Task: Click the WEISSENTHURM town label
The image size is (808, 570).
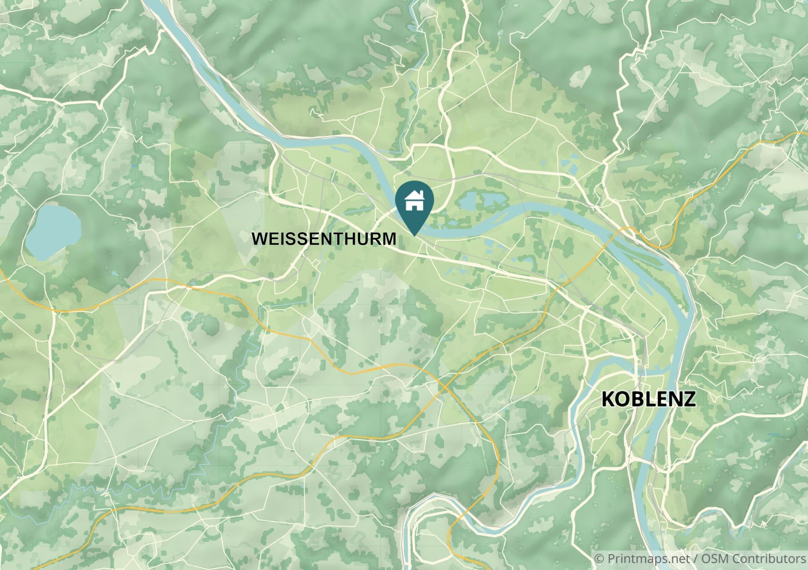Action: click(x=324, y=239)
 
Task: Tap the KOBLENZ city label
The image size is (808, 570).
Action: click(x=648, y=399)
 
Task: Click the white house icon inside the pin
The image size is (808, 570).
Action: click(x=414, y=201)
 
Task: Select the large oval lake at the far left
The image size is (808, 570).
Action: click(x=53, y=232)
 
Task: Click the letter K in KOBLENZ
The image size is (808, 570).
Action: click(x=608, y=399)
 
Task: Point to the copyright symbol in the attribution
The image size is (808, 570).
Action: click(x=599, y=559)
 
